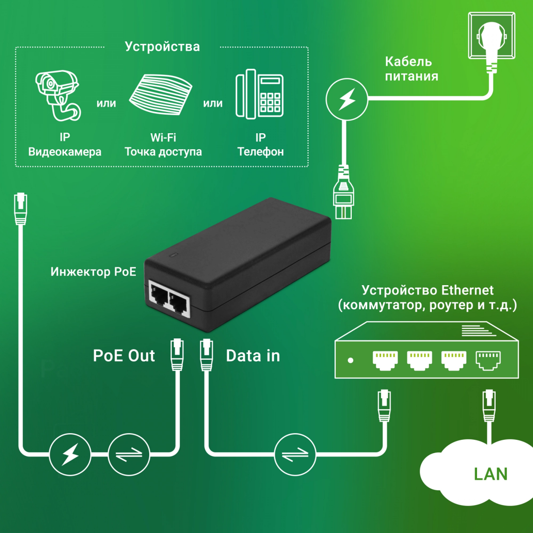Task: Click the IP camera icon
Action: (58, 95)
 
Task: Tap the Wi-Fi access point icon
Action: (161, 95)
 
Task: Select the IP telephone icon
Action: (259, 94)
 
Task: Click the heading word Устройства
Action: (162, 47)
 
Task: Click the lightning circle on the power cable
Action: (347, 99)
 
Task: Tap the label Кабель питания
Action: (411, 69)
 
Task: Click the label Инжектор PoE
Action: (93, 272)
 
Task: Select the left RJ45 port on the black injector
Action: (159, 294)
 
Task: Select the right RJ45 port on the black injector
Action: (179, 303)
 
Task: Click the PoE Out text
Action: (124, 356)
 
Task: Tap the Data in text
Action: (253, 356)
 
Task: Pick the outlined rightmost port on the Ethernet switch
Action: (488, 360)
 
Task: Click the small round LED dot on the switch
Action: (350, 360)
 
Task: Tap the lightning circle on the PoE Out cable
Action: (70, 454)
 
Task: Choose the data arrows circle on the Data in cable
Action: (295, 454)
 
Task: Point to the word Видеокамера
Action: (65, 152)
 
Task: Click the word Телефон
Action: (261, 152)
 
